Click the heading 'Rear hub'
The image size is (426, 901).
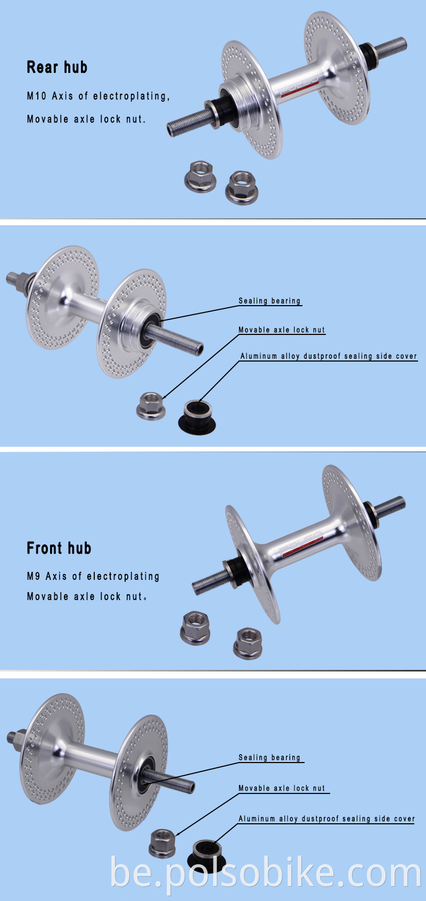pos(57,68)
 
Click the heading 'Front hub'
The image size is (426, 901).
pos(59,548)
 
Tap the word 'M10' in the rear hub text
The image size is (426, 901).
pos(37,96)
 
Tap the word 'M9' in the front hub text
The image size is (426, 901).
pos(34,576)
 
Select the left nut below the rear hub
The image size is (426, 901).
pos(200,176)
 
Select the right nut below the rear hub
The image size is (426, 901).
pos(242,187)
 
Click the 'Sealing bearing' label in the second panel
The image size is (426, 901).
pos(269,301)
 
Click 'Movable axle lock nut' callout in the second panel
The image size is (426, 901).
pos(282,330)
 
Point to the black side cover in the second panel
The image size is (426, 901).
pos(197,418)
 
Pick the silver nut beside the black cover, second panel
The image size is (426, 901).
pos(151,406)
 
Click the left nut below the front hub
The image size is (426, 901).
pos(196,628)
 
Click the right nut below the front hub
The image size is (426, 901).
pos(248,643)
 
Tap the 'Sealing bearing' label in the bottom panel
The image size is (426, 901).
pos(269,758)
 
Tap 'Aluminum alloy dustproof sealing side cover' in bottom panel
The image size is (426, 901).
pos(326,819)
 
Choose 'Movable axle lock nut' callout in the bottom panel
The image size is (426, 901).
pos(282,789)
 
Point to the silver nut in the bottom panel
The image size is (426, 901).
pos(162,843)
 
